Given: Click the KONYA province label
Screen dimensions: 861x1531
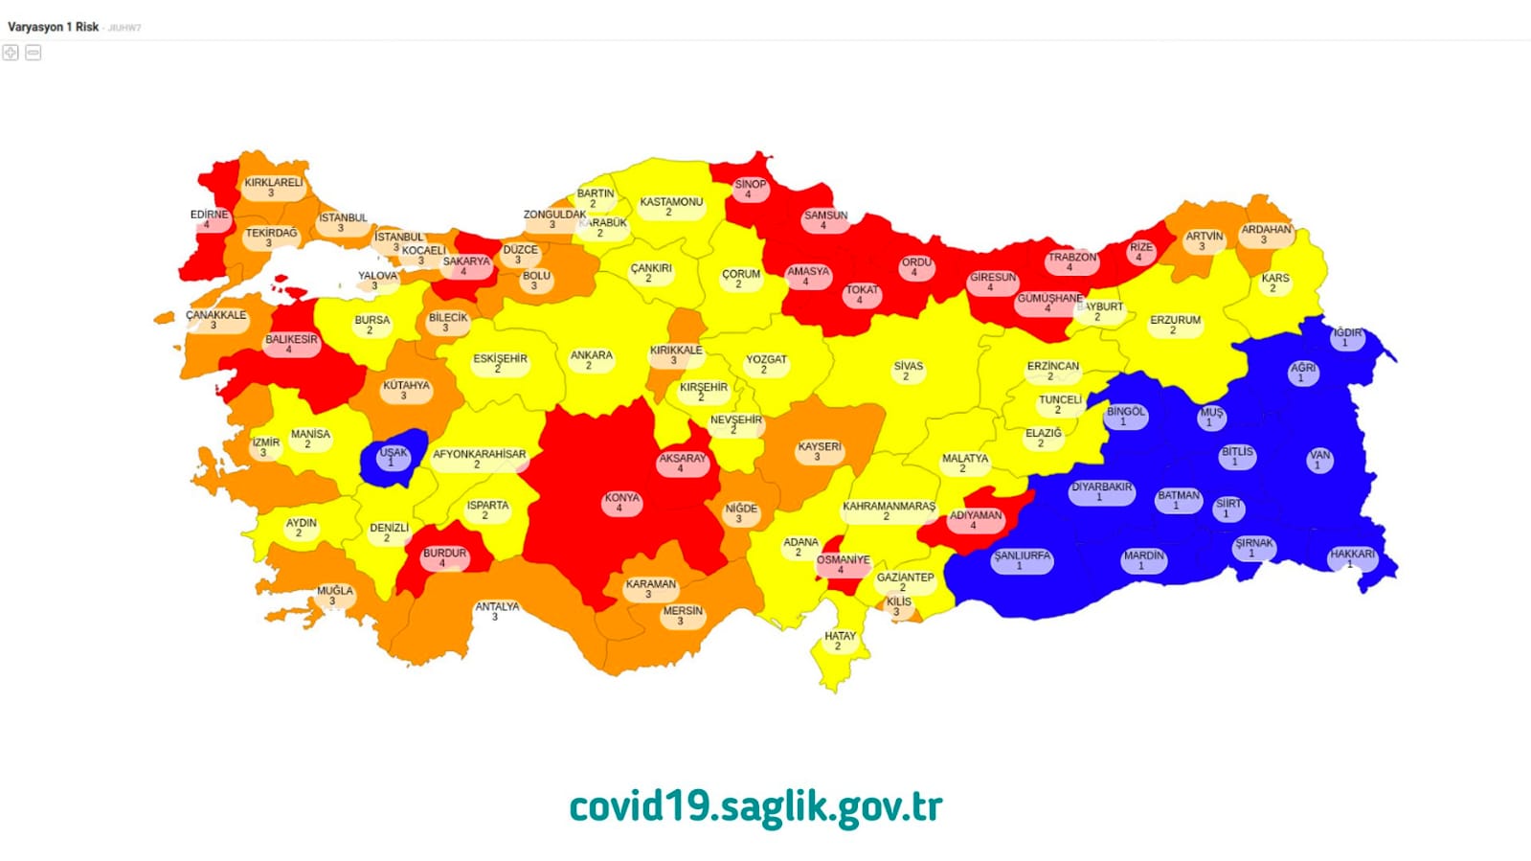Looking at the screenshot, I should click(x=621, y=502).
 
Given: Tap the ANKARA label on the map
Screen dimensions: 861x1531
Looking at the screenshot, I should click(x=591, y=359).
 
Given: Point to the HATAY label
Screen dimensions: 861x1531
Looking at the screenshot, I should click(x=840, y=640).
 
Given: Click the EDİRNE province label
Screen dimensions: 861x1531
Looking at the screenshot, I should click(x=209, y=218).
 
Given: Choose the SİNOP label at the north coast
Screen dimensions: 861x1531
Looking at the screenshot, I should click(x=750, y=189).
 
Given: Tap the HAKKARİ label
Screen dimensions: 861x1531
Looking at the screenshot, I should click(x=1351, y=558).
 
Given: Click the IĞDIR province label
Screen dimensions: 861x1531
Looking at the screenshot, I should click(x=1346, y=337).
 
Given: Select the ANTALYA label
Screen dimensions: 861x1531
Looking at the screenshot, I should click(x=497, y=611).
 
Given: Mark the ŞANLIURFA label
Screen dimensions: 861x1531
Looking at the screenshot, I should click(x=1022, y=560).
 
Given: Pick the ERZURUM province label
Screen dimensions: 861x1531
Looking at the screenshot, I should click(x=1175, y=325).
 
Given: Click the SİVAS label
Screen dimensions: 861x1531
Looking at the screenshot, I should click(x=908, y=371).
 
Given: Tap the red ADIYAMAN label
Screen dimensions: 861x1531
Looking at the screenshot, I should click(x=975, y=519).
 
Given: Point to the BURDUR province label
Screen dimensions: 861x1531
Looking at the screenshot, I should click(x=444, y=557).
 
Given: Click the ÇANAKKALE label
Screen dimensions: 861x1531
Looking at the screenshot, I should click(x=215, y=319).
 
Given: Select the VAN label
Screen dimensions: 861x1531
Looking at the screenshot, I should click(x=1319, y=460).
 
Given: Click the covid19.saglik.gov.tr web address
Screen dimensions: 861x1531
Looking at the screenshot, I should click(x=755, y=806).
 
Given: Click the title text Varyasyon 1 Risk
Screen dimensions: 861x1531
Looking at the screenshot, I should click(x=53, y=27).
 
